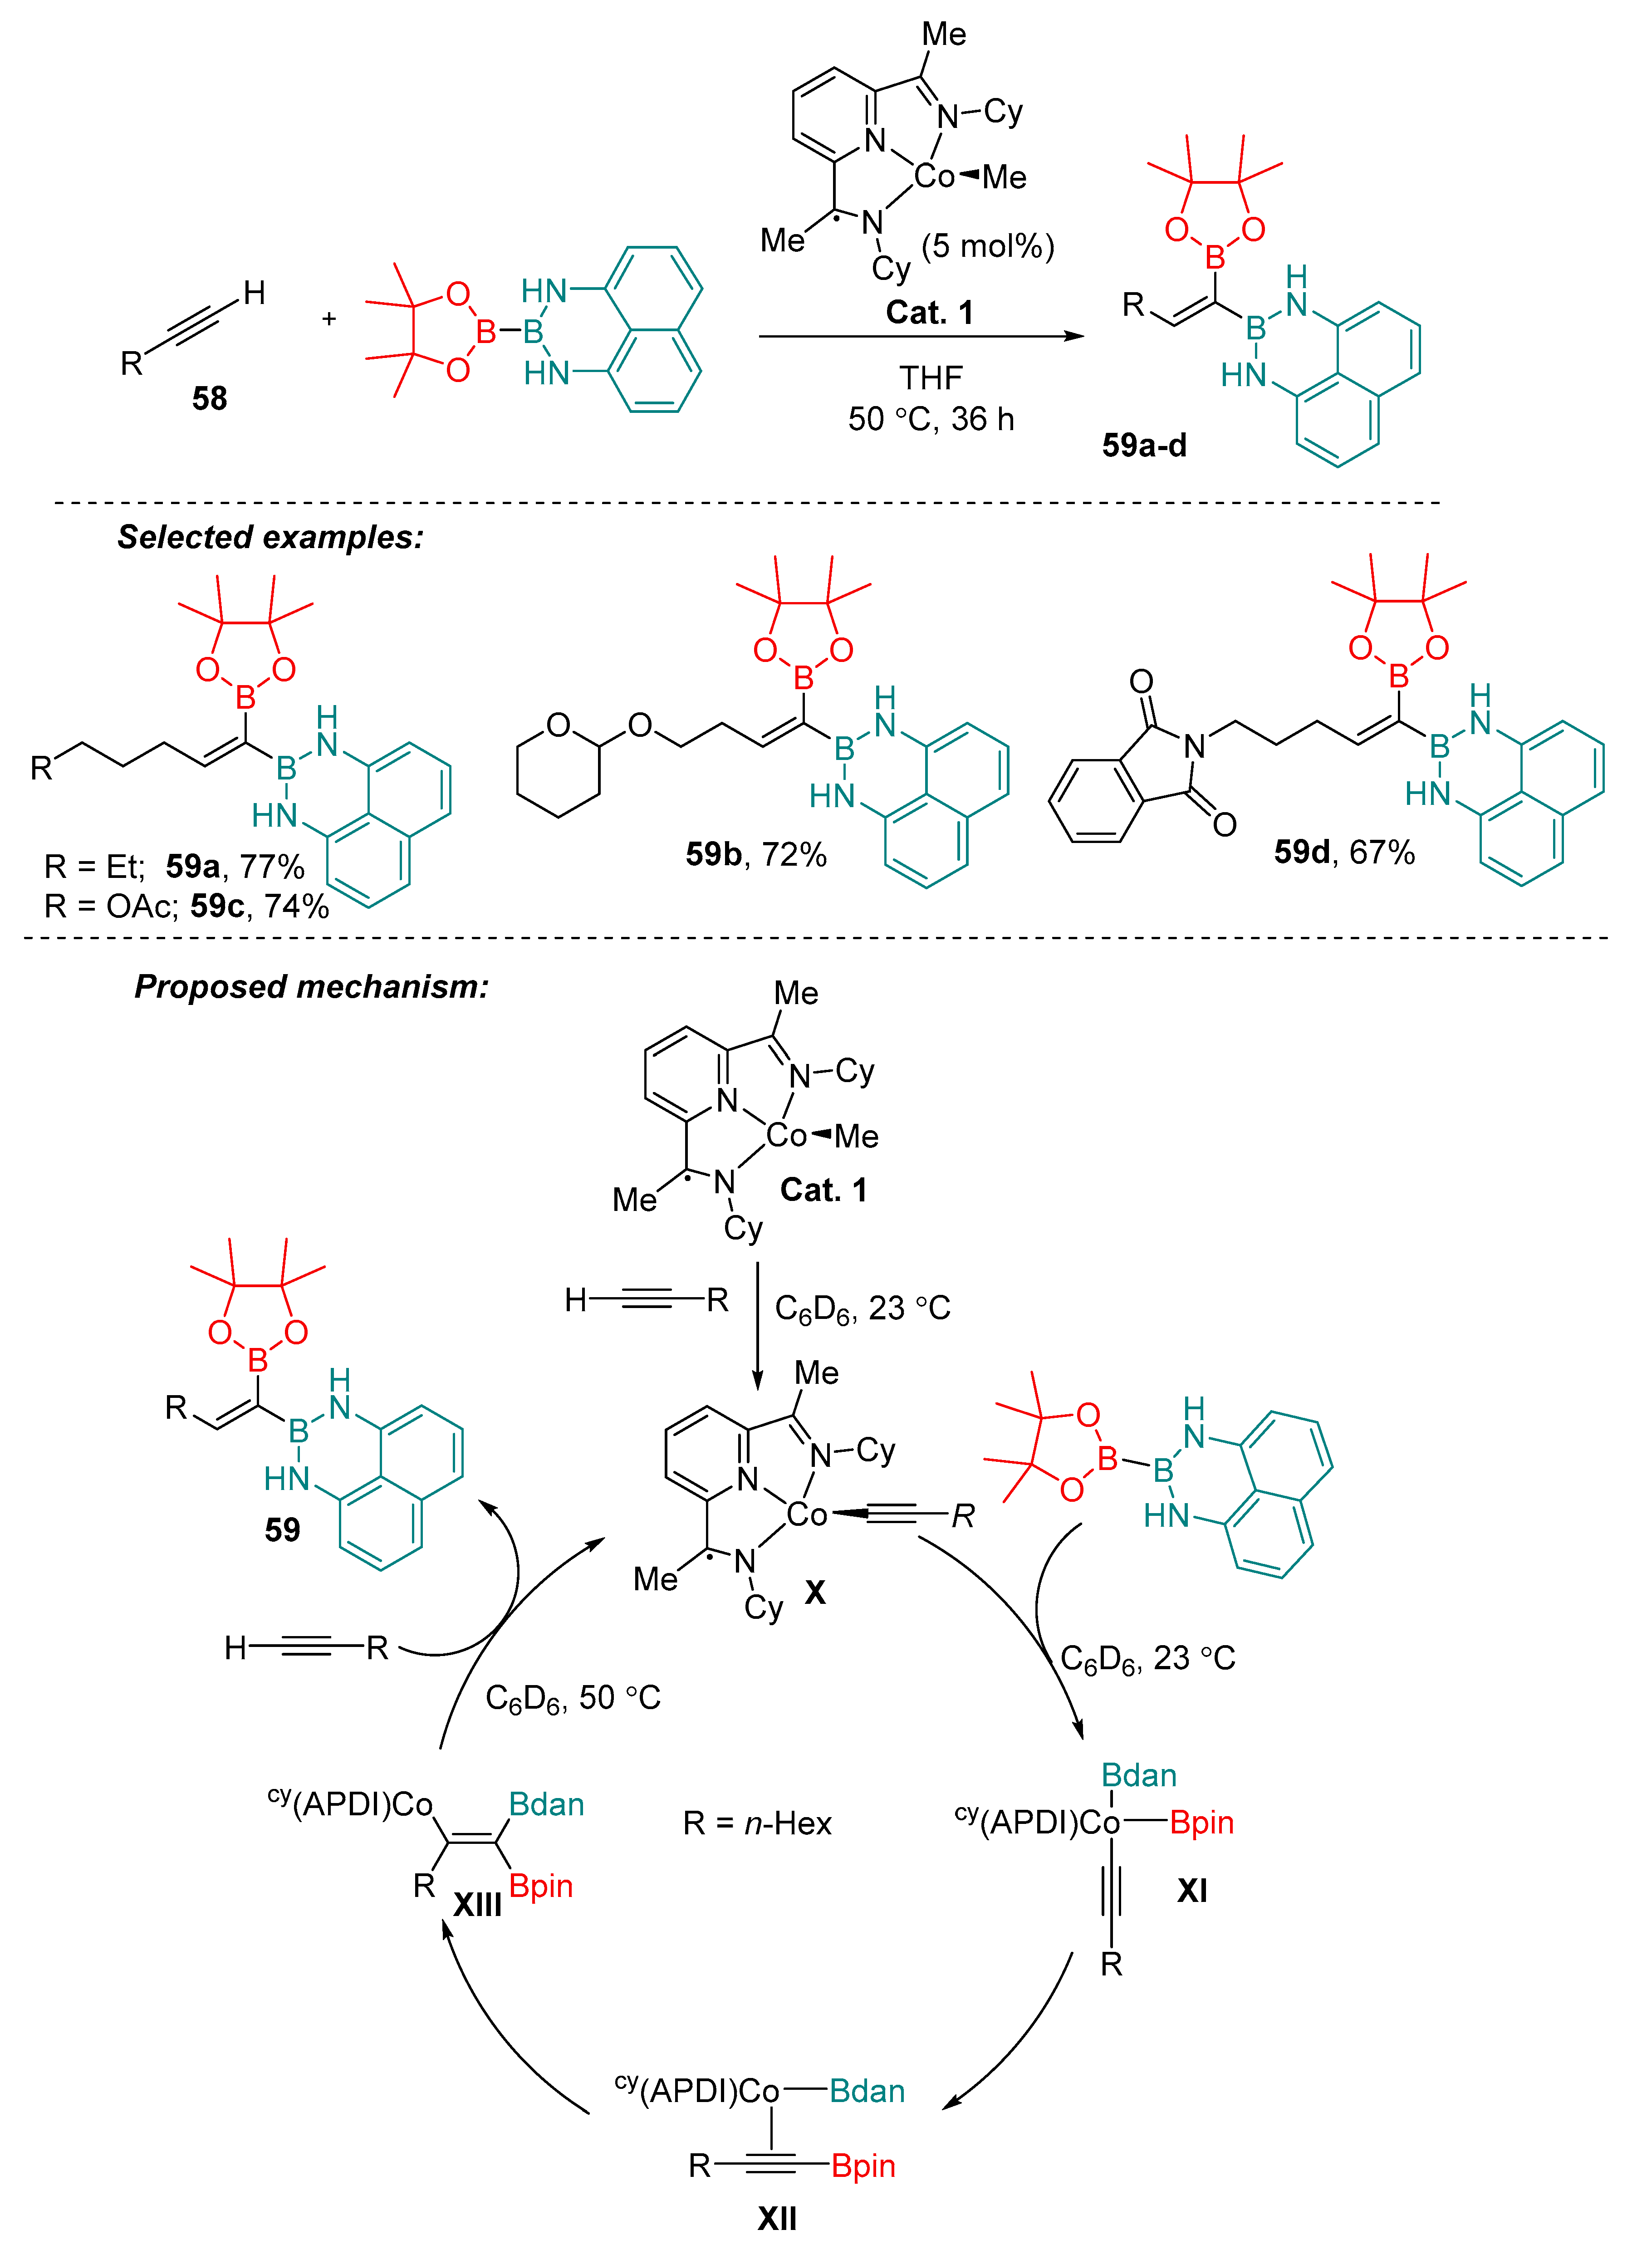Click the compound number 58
210,398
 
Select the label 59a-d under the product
1144,445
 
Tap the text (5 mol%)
987,245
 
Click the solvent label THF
930,378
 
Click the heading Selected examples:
270,537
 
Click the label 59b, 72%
755,854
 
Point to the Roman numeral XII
777,2218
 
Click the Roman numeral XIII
477,1905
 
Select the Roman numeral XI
1192,1890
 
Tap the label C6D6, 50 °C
573,1698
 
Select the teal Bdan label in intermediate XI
1139,1775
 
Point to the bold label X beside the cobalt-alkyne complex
814,1592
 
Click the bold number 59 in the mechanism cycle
283,1529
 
